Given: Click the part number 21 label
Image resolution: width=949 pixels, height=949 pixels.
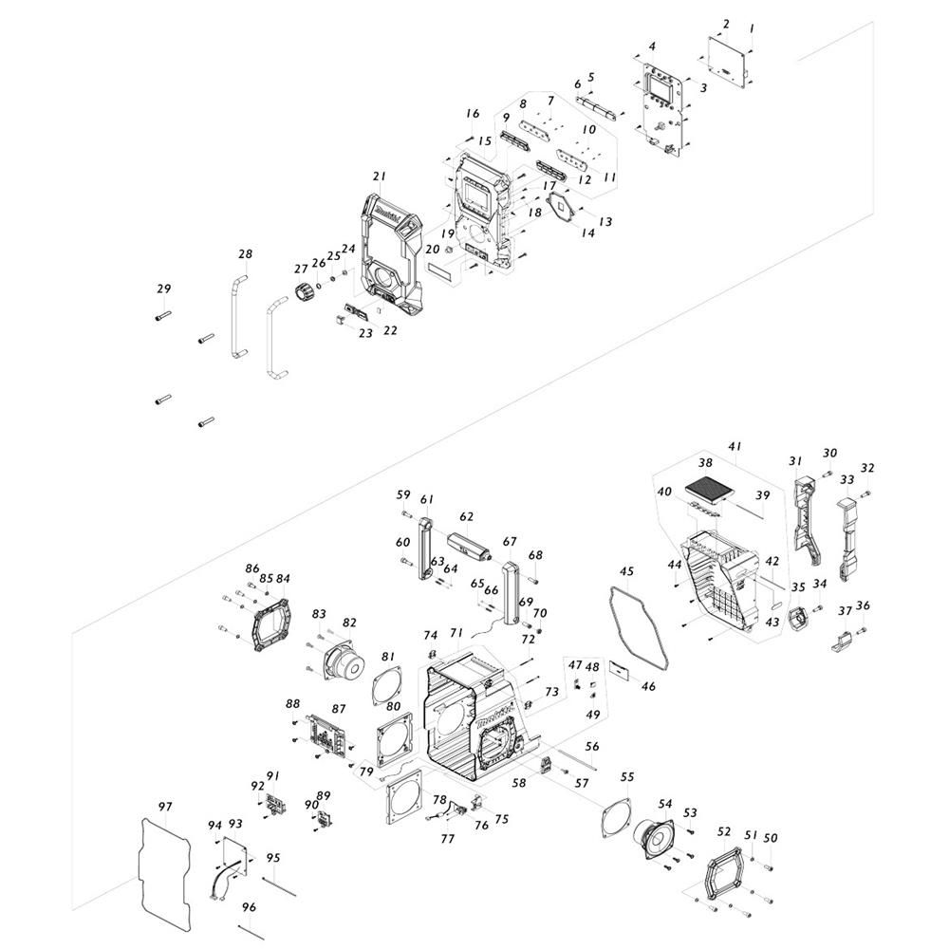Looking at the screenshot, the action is (x=379, y=177).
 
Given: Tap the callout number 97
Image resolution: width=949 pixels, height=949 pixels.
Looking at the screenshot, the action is (x=165, y=807).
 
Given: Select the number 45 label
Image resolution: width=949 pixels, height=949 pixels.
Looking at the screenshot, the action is (x=626, y=571).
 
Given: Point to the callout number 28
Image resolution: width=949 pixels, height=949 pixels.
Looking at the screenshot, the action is (x=245, y=254).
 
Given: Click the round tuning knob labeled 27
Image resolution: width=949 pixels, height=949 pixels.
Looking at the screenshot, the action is (x=305, y=290).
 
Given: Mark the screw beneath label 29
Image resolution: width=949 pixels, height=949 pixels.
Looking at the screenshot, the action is (x=163, y=316).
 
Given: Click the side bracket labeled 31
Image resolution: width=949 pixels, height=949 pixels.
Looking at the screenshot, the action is (x=808, y=519).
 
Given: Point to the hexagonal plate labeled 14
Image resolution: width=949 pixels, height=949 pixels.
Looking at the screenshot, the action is (x=563, y=208).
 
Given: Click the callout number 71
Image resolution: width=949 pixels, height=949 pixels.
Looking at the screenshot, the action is (x=457, y=632).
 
